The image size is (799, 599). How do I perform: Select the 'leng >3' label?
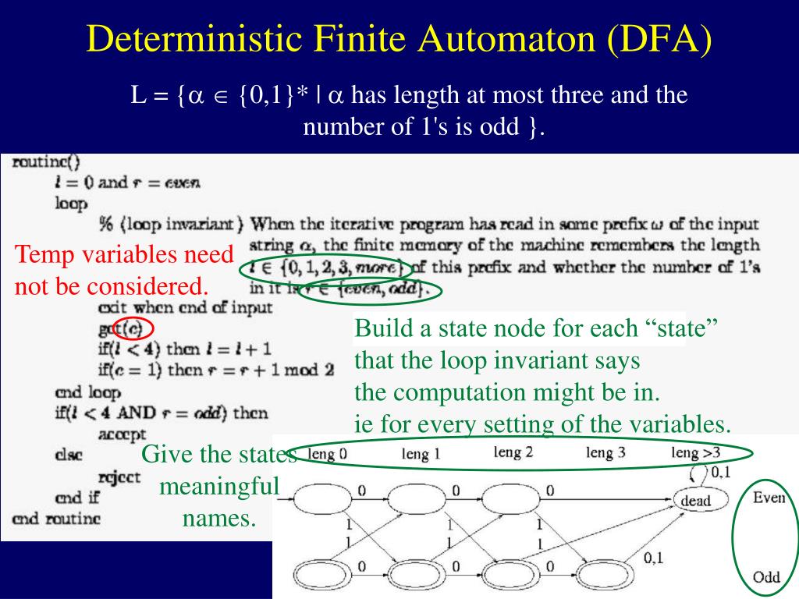point(697,452)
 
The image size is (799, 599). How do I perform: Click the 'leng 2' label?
point(513,452)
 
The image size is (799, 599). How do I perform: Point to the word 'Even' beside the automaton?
point(769,498)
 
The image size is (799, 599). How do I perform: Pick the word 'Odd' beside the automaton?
point(766,578)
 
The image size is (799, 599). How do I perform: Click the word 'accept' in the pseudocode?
point(123,433)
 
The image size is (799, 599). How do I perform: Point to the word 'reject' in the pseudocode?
point(120,476)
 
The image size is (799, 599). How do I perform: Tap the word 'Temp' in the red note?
point(42,254)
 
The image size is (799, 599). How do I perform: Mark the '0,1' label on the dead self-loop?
point(719,471)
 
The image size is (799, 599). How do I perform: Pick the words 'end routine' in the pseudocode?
point(56,518)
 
